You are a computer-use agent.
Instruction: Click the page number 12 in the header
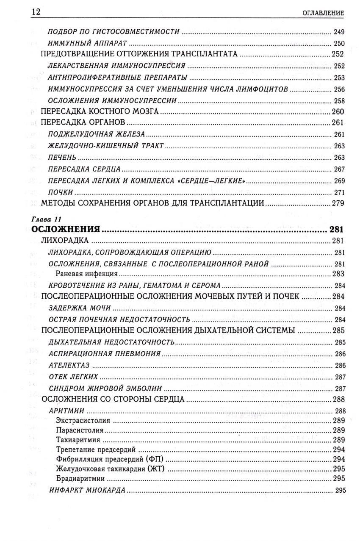(x=36, y=12)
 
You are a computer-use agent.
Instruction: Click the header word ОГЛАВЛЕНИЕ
(x=323, y=13)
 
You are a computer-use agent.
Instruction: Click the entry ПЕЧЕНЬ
(x=63, y=158)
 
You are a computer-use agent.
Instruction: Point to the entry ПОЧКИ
(x=61, y=192)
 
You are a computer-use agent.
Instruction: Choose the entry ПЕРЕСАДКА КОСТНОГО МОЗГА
(x=100, y=112)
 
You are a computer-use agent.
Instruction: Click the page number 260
(x=337, y=112)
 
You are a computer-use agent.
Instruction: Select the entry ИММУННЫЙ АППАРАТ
(x=88, y=43)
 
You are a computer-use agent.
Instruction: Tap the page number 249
(x=339, y=32)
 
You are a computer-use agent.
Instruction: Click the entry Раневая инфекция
(x=86, y=274)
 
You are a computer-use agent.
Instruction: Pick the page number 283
(x=339, y=274)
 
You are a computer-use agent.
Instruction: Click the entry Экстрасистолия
(x=83, y=421)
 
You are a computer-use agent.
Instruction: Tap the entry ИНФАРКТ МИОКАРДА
(x=87, y=490)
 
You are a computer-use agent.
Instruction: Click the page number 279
(x=337, y=203)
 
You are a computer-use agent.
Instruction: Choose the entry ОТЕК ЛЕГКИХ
(x=74, y=377)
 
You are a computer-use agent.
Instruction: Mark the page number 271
(x=339, y=192)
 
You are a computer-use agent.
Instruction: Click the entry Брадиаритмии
(x=80, y=479)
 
